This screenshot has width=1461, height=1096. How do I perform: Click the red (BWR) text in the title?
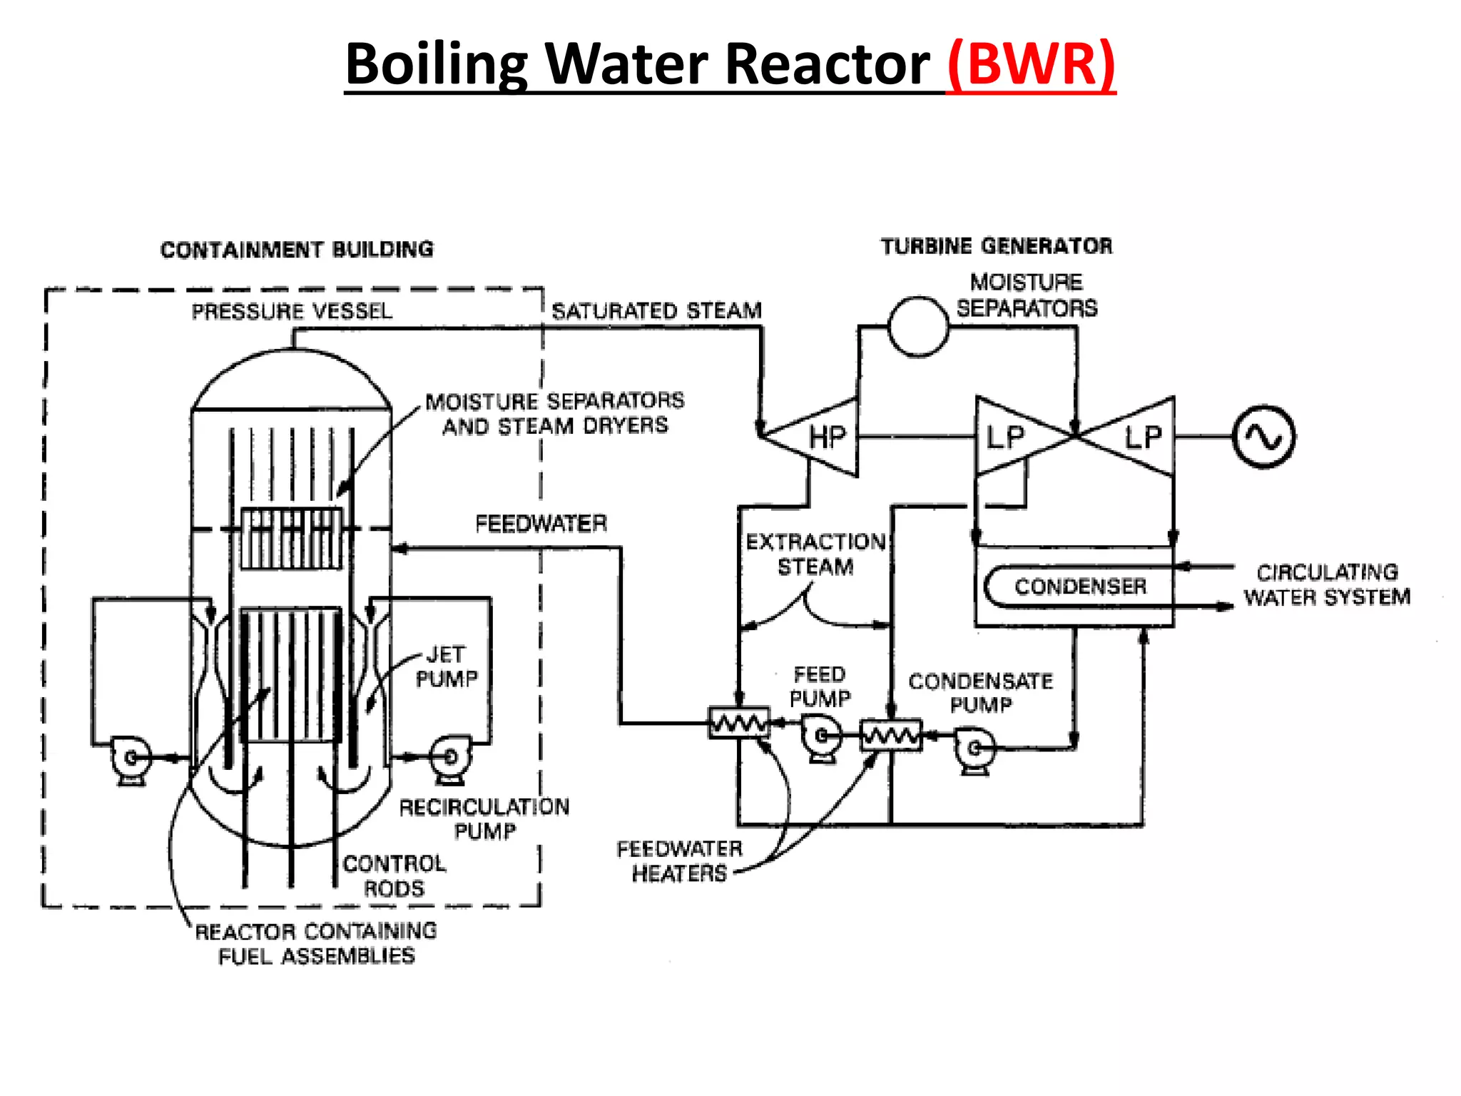1031,64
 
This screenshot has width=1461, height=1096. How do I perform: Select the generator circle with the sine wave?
1264,437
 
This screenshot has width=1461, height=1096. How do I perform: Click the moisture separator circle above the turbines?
918,327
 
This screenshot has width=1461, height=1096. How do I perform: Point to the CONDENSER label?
1080,587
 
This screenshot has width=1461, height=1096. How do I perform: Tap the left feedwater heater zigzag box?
739,723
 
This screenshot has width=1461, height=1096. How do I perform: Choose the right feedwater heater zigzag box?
891,736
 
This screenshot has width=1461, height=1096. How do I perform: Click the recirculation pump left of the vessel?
130,758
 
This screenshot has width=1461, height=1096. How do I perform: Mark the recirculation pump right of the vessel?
450,757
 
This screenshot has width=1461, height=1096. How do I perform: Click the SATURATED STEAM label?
656,311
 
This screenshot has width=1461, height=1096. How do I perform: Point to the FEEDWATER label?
541,524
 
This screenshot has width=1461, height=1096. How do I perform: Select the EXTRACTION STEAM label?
815,554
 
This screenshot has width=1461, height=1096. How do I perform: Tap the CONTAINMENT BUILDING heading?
297,250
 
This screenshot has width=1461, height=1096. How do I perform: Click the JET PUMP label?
447,666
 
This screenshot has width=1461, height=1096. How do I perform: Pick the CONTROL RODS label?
394,876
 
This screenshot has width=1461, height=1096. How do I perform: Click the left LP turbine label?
1005,437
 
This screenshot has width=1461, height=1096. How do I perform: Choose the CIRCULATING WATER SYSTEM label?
1327,584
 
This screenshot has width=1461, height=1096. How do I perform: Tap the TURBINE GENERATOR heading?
997,246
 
